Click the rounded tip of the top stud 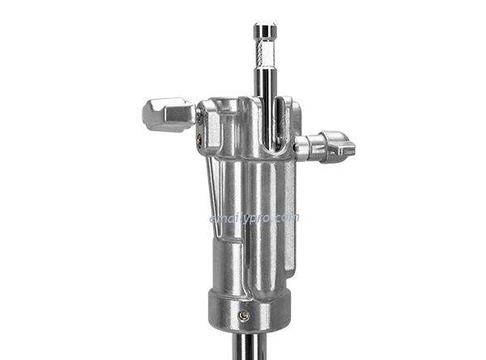pyautogui.click(x=265, y=31)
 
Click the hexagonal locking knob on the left pyautogui.click(x=167, y=114)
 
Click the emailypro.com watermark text pyautogui.click(x=254, y=218)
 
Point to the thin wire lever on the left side pyautogui.click(x=212, y=195)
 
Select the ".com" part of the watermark pyautogui.click(x=287, y=218)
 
